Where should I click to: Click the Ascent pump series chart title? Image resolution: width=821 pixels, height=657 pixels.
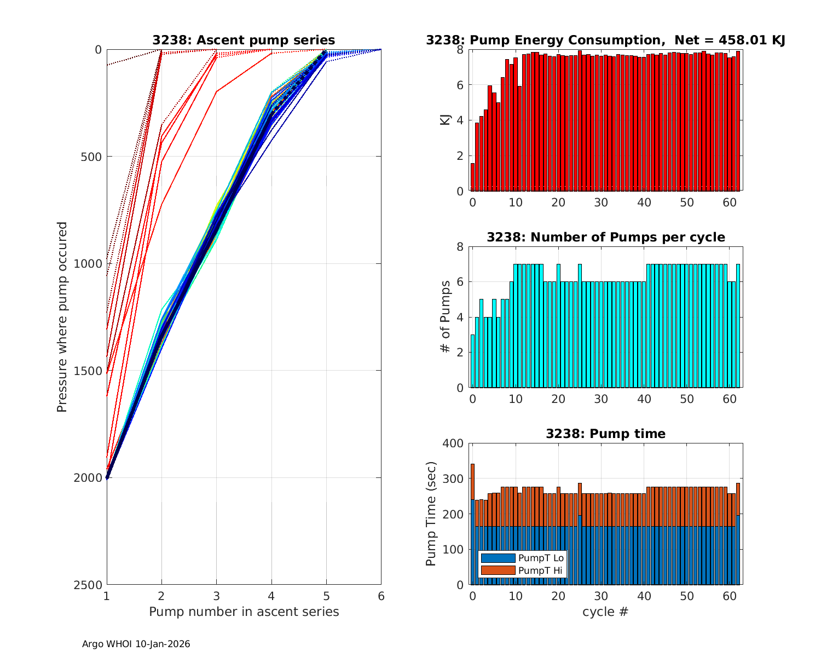(x=244, y=40)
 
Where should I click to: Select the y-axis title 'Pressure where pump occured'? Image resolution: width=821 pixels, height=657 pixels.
(x=62, y=317)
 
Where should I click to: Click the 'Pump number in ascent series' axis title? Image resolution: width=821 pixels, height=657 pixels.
(x=244, y=612)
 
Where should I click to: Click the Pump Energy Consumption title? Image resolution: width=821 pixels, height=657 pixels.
(x=605, y=40)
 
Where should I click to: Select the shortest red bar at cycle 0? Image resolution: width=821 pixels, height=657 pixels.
(x=473, y=177)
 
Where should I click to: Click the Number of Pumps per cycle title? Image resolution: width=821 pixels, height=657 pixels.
(x=605, y=237)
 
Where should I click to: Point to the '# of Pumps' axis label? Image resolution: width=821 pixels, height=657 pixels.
(x=446, y=317)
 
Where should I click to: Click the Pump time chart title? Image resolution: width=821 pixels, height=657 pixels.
(x=605, y=434)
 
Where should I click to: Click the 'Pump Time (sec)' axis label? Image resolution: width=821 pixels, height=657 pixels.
(x=431, y=514)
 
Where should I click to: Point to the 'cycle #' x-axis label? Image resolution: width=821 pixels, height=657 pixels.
(x=605, y=612)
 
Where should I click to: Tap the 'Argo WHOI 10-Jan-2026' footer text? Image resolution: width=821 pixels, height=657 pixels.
(x=136, y=644)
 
